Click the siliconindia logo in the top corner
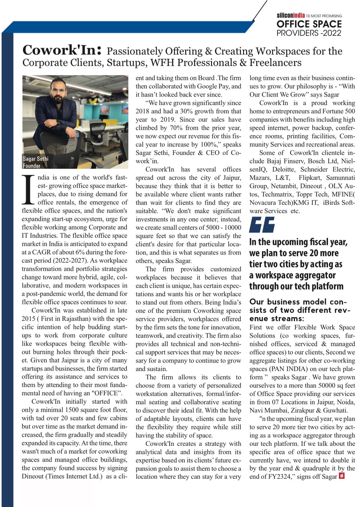[x=291, y=15]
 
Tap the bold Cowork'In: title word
[x=62, y=50]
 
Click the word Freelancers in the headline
[x=275, y=63]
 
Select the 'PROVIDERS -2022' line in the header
[x=309, y=33]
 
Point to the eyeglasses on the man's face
[x=59, y=91]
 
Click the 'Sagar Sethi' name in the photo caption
[x=35, y=159]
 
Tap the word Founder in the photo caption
[x=31, y=166]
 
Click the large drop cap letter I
[x=28, y=189]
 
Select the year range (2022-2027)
[x=66, y=260]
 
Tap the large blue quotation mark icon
[x=262, y=225]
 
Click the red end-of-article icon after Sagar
[x=342, y=476]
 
